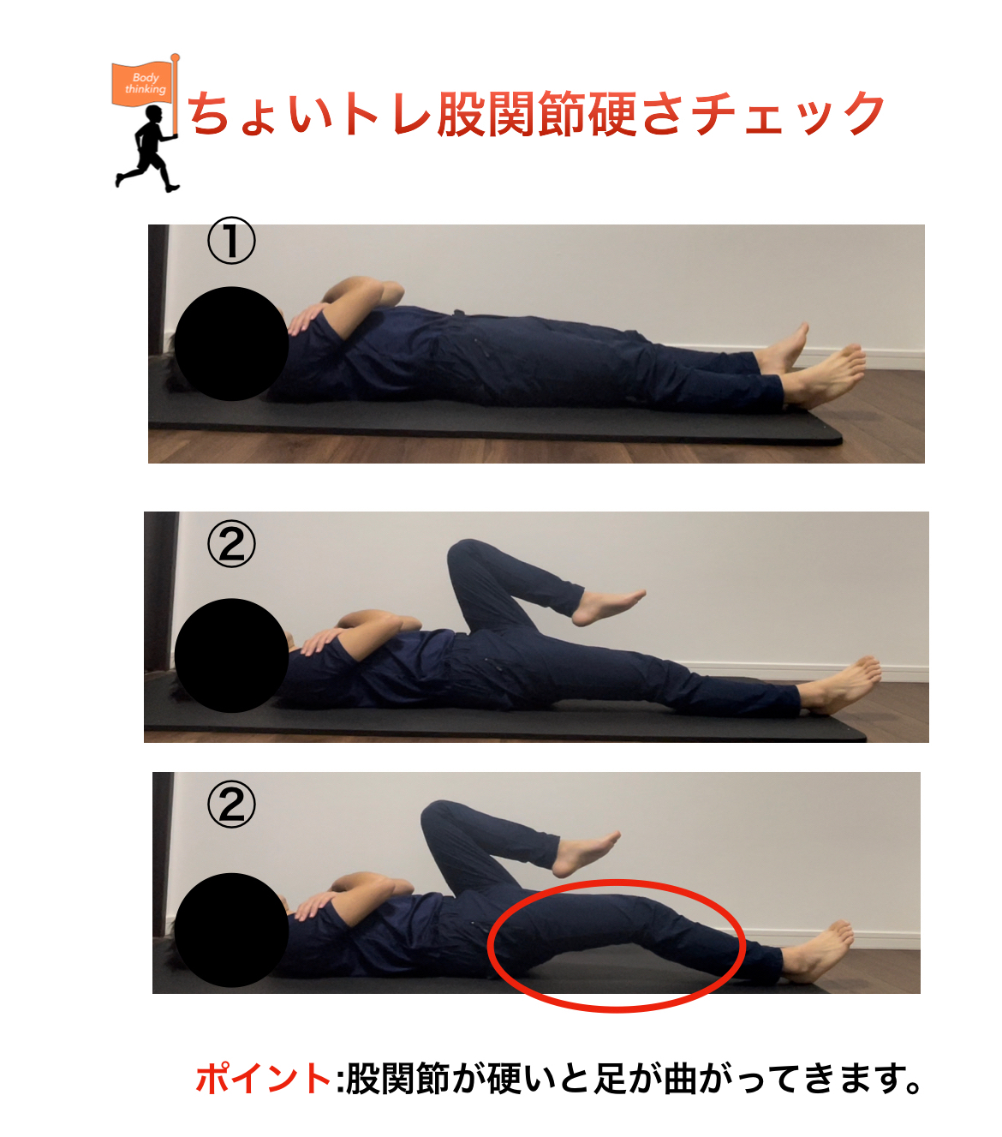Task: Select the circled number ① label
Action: point(231,241)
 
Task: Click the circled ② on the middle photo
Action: point(231,544)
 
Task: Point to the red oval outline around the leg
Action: point(617,883)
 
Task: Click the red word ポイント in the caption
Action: point(263,1079)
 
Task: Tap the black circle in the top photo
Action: point(231,344)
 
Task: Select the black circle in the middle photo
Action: point(231,655)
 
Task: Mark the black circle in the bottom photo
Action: point(231,930)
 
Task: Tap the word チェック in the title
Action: point(788,115)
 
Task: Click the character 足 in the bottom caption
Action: point(611,1079)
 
